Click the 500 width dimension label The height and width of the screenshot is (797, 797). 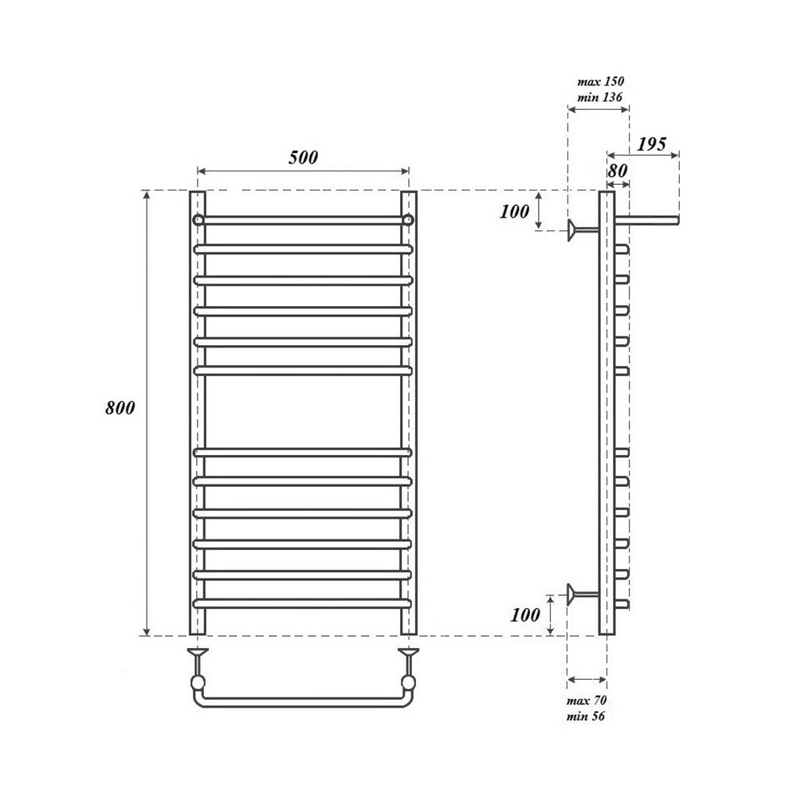tap(303, 157)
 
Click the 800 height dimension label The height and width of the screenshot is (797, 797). tap(120, 408)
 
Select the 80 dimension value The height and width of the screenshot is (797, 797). tap(618, 170)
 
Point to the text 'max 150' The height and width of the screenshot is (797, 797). tap(599, 81)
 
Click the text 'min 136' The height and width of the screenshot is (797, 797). tap(599, 97)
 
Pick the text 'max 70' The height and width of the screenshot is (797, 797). tap(587, 700)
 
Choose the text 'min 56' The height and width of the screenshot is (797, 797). tap(587, 716)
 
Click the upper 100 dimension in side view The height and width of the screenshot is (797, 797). tap(516, 211)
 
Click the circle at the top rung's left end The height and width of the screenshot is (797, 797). tap(197, 219)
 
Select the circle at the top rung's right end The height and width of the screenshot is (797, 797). tap(408, 219)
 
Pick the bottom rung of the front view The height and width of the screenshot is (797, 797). tap(303, 603)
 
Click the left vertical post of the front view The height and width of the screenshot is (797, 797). tap(197, 414)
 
